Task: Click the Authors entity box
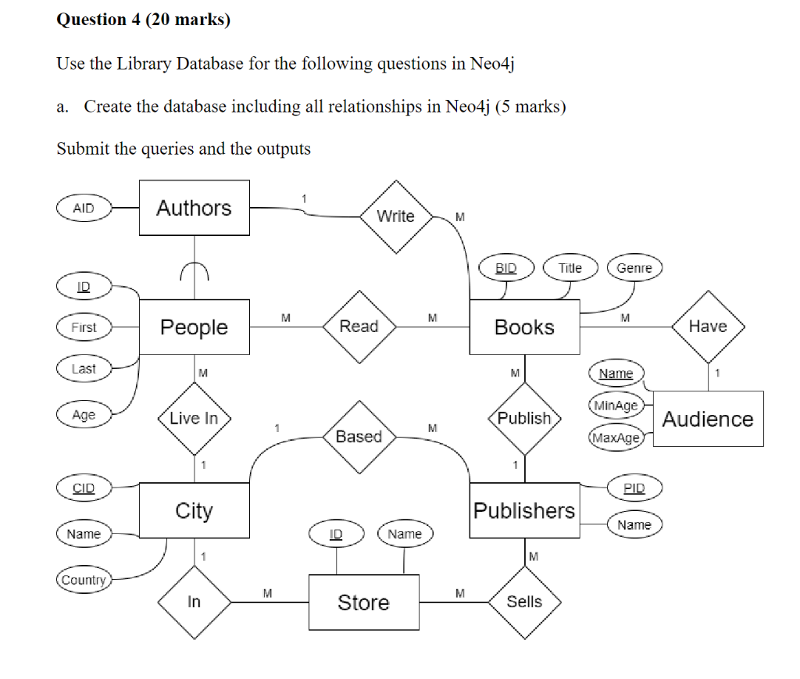click(195, 208)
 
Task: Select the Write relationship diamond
click(396, 216)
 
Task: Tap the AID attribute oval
click(84, 208)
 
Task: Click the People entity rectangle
click(195, 327)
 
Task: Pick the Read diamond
click(359, 327)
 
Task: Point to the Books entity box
click(524, 327)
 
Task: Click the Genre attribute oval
click(634, 268)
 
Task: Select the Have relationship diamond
click(708, 327)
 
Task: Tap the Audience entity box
click(708, 419)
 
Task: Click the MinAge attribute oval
click(616, 406)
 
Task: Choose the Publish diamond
click(524, 418)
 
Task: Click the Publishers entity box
click(524, 510)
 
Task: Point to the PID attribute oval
click(634, 488)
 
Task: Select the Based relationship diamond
click(359, 436)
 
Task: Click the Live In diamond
click(195, 418)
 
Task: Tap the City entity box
click(195, 510)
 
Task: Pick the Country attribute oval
click(84, 580)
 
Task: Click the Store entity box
click(363, 602)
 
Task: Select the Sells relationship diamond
click(524, 602)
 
